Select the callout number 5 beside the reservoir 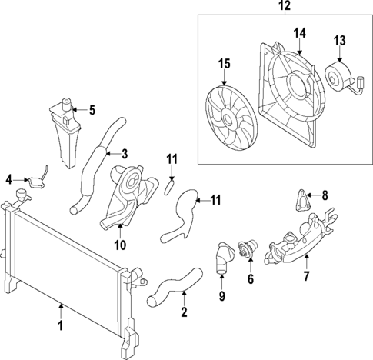(92, 110)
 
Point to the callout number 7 (307, 275)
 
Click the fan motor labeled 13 (339, 75)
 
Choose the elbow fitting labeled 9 (221, 258)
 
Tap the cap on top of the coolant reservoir (68, 103)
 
